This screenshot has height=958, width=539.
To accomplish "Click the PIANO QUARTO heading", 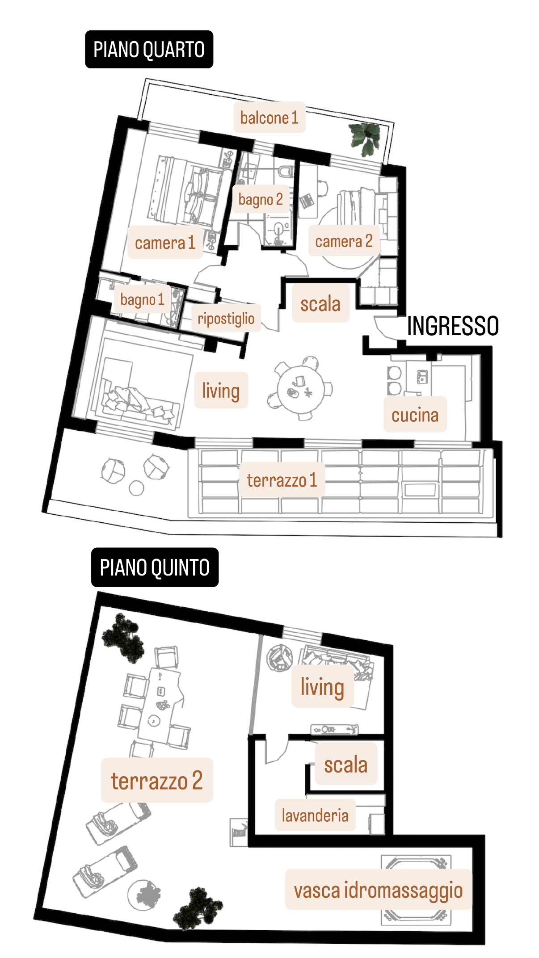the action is coord(149,49).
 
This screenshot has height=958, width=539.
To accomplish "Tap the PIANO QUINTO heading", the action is coord(155,567).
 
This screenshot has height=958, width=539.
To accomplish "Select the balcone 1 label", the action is coord(269,118).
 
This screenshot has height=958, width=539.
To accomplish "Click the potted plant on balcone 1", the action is coord(365,138).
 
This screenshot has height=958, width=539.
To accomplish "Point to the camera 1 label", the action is coord(165,243).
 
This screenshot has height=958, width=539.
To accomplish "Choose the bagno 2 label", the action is coord(261,199).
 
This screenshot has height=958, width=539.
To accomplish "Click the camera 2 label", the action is coord(344,241).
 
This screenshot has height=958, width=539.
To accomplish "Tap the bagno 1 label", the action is coord(142,299).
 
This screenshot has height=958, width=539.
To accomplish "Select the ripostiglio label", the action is coord(226,319).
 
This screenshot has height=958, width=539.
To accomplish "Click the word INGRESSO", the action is coord(453,326).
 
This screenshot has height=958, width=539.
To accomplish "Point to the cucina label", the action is coord(415,415).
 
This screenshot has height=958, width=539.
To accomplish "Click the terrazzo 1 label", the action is coord(282,480).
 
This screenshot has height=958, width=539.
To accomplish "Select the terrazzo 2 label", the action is coord(157,780).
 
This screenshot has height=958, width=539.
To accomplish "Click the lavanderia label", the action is coord(315,815).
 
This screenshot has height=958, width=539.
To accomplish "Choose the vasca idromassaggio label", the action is coord(378,889).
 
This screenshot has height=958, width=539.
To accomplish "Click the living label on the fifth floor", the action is coord(322,686).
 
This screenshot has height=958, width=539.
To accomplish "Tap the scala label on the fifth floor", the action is coord(346,765).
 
